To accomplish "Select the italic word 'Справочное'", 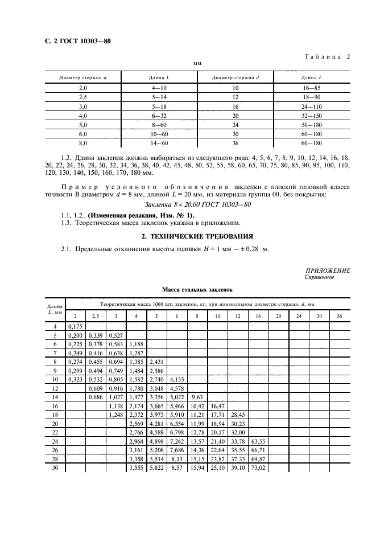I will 320,277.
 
